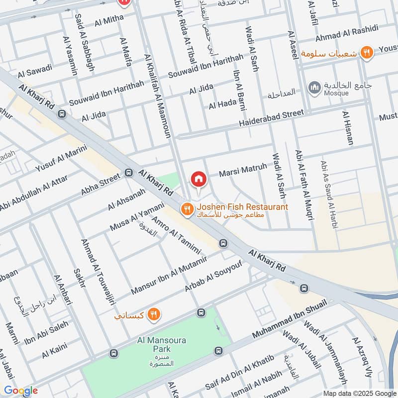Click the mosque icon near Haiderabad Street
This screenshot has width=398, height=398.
click(314, 88)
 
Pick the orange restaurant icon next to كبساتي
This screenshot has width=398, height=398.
click(154, 314)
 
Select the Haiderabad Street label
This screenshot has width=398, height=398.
click(271, 118)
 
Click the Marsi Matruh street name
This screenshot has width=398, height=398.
click(243, 171)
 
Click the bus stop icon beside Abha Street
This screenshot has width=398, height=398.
click(128, 174)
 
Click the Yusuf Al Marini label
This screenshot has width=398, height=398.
click(61, 158)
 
